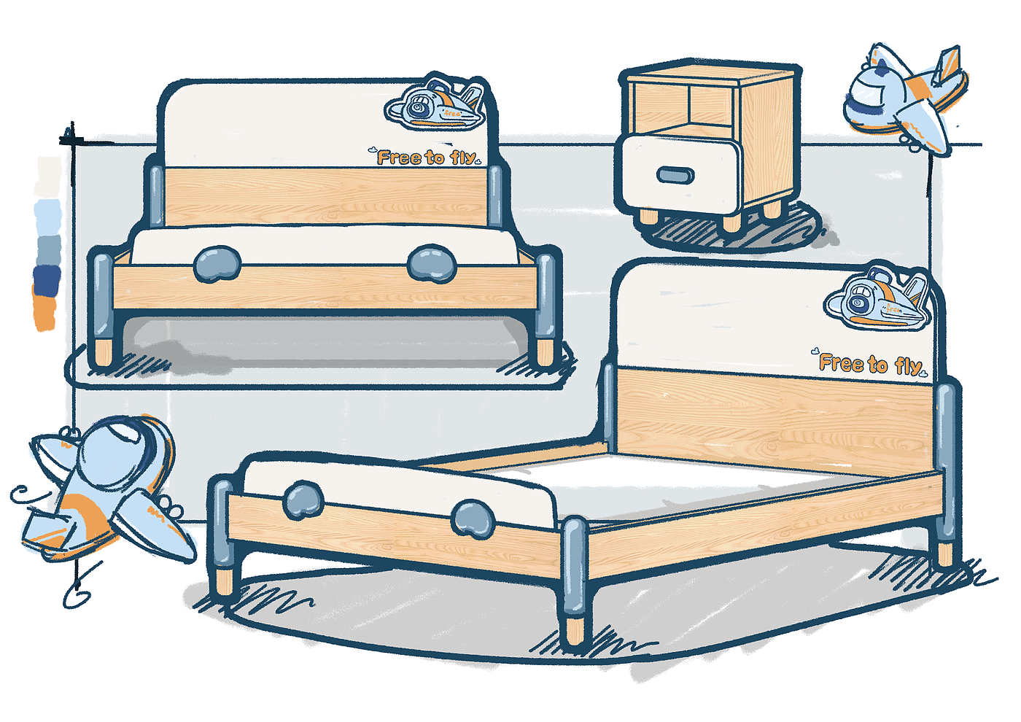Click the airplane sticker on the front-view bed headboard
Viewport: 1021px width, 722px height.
pos(436,106)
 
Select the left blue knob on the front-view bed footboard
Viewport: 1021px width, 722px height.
pos(217,263)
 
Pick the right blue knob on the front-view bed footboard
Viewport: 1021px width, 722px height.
pos(432,263)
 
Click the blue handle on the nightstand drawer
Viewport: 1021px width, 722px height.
pos(676,175)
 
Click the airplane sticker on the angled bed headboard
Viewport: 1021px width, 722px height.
pos(878,299)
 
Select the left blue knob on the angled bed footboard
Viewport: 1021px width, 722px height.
pos(303,500)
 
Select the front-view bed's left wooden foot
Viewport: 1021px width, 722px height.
pos(104,352)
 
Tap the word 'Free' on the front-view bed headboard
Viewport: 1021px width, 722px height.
pos(400,157)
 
